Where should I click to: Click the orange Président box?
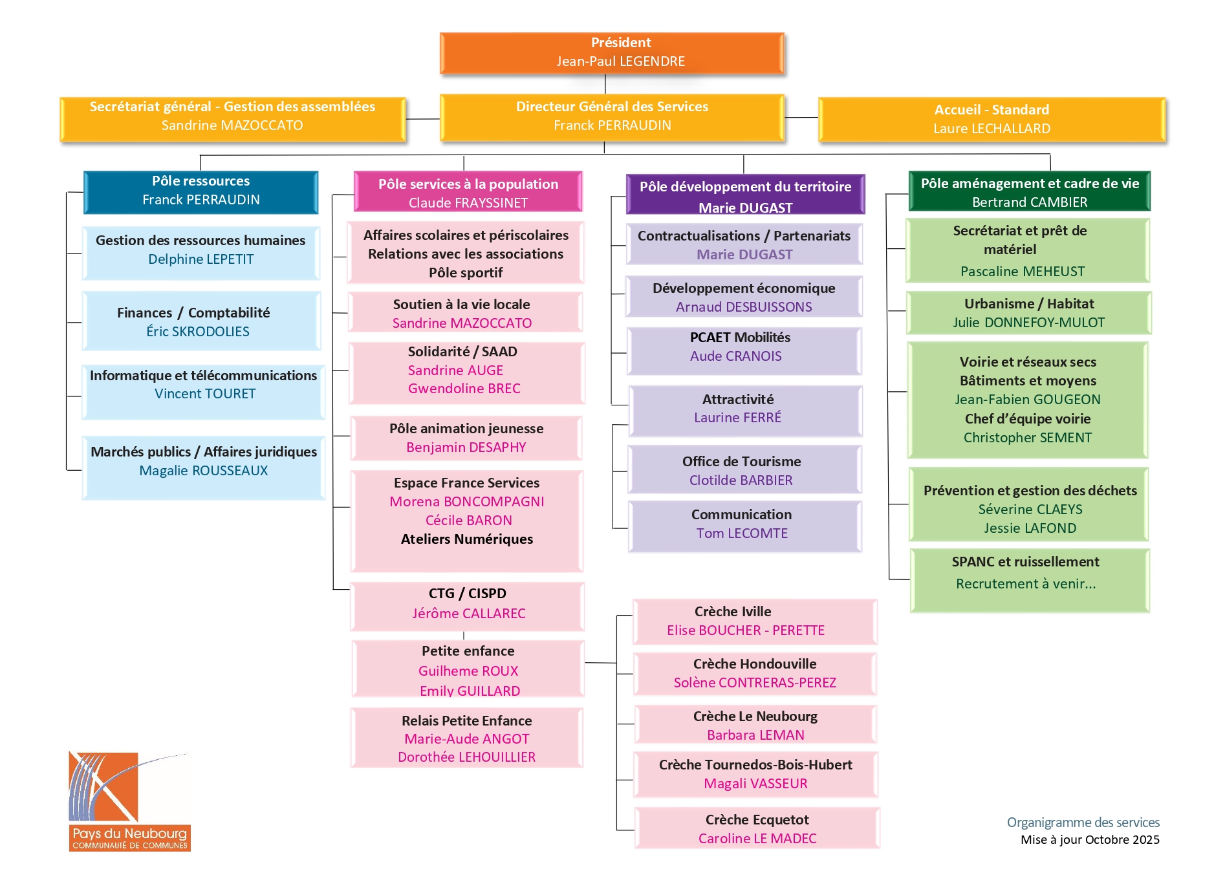pyautogui.click(x=612, y=52)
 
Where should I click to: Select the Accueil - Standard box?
pyautogui.click(x=992, y=119)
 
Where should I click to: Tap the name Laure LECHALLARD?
pyautogui.click(x=992, y=129)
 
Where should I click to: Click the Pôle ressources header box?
pyautogui.click(x=201, y=191)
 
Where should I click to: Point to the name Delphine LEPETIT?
pyautogui.click(x=201, y=259)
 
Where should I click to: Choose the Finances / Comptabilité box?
pyautogui.click(x=201, y=321)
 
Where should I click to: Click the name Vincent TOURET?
pyautogui.click(x=205, y=394)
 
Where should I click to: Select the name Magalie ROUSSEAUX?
pyautogui.click(x=203, y=471)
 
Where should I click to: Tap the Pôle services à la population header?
pyautogui.click(x=468, y=192)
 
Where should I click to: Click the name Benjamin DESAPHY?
pyautogui.click(x=466, y=447)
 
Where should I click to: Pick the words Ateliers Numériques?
pyautogui.click(x=466, y=539)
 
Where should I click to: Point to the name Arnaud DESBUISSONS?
pyautogui.click(x=744, y=307)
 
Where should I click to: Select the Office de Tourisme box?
pyautogui.click(x=744, y=470)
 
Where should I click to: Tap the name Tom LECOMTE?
pyautogui.click(x=742, y=533)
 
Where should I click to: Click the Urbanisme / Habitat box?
pyautogui.click(x=1028, y=313)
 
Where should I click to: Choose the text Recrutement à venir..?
pyautogui.click(x=1025, y=584)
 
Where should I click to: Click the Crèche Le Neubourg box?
pyautogui.click(x=755, y=725)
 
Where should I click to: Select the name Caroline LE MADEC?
pyautogui.click(x=757, y=839)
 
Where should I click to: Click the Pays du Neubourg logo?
pyautogui.click(x=129, y=801)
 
